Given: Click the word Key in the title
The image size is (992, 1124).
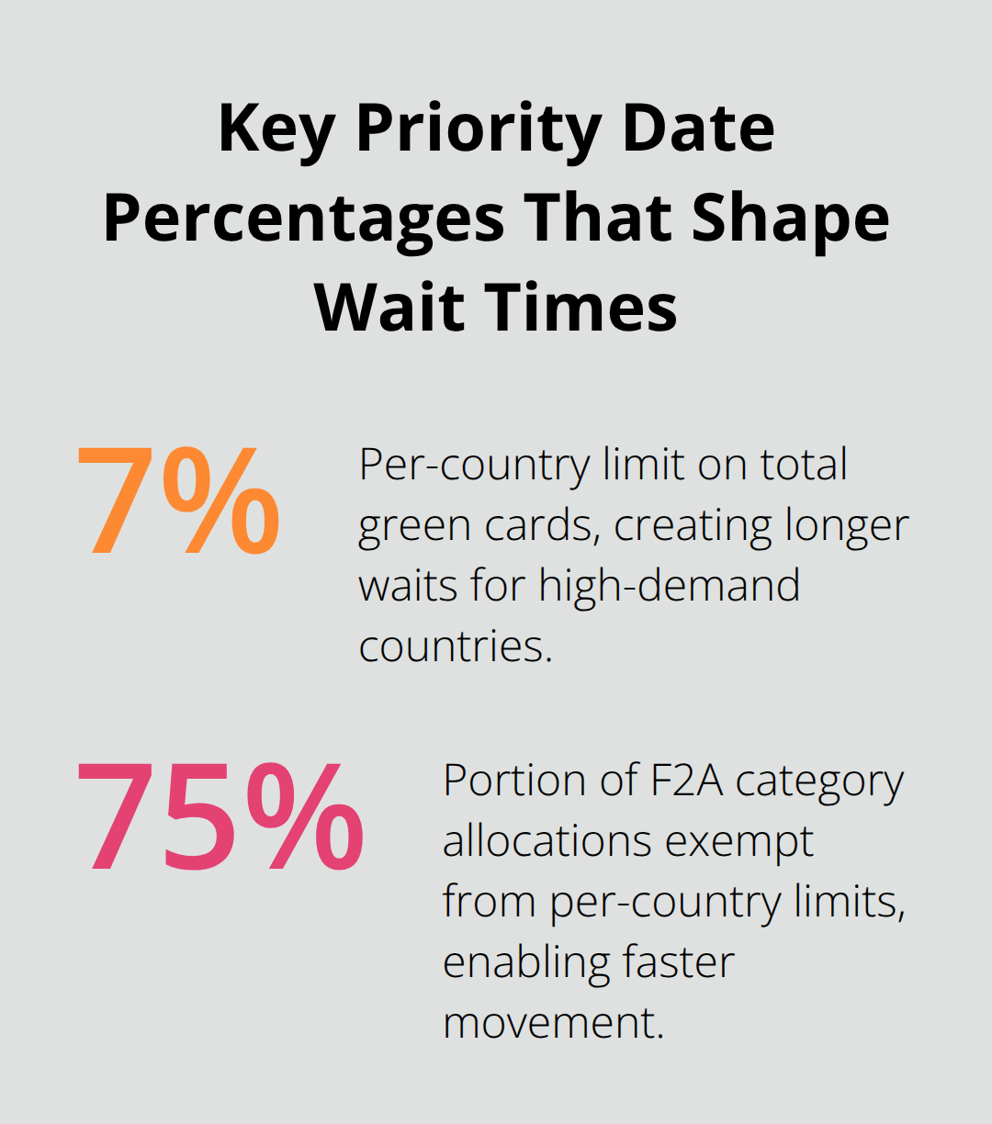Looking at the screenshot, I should click(276, 129).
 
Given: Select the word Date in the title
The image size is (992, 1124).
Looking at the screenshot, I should click(698, 129).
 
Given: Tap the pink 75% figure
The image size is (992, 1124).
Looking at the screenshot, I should click(220, 816).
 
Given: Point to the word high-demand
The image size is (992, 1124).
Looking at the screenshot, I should click(670, 586).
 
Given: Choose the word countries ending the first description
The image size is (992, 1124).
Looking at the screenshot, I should click(455, 646).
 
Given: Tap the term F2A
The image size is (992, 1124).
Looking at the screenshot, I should click(679, 781).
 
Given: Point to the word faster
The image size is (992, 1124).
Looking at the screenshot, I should click(678, 962).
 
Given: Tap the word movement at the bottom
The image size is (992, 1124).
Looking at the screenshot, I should click(552, 1022).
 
